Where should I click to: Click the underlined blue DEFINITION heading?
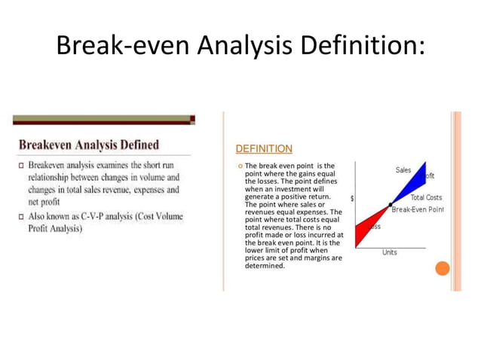pyautogui.click(x=264, y=149)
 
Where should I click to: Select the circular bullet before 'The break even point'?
pyautogui.click(x=239, y=166)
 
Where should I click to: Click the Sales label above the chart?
pyautogui.click(x=403, y=170)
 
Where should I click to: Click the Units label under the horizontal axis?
pyautogui.click(x=389, y=252)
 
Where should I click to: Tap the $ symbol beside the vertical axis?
pyautogui.click(x=354, y=198)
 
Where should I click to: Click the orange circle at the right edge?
pyautogui.click(x=443, y=268)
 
